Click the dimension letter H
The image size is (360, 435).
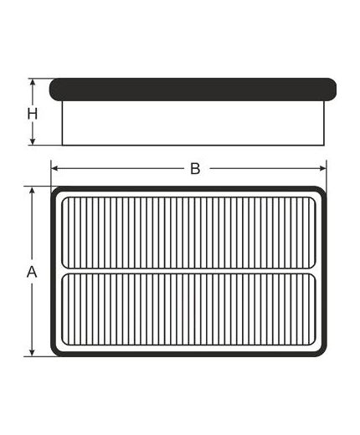coord(33,114)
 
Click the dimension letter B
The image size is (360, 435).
coord(195,169)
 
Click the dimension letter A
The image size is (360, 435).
coord(32,272)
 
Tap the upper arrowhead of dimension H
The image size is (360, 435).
coord(33,82)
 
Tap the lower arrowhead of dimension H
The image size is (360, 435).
coord(33,141)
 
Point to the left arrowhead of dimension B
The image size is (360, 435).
coord(54,168)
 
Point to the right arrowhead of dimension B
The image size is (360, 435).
coord(322,168)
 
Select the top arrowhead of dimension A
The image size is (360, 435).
coord(33,190)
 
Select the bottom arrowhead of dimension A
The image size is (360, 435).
coord(33,352)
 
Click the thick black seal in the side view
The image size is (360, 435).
coord(193,90)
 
